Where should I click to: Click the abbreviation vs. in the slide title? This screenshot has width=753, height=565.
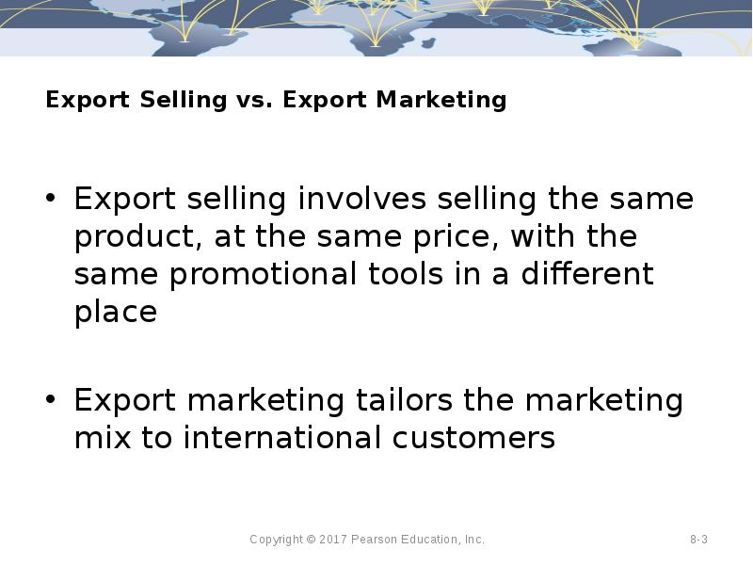(254, 100)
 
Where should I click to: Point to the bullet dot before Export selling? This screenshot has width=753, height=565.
(52, 200)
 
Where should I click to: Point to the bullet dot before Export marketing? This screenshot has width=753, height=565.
(52, 401)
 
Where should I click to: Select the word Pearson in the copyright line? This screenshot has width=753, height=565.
(376, 540)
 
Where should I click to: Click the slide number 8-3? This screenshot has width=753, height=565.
(698, 540)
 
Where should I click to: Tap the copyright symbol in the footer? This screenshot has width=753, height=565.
(312, 540)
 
